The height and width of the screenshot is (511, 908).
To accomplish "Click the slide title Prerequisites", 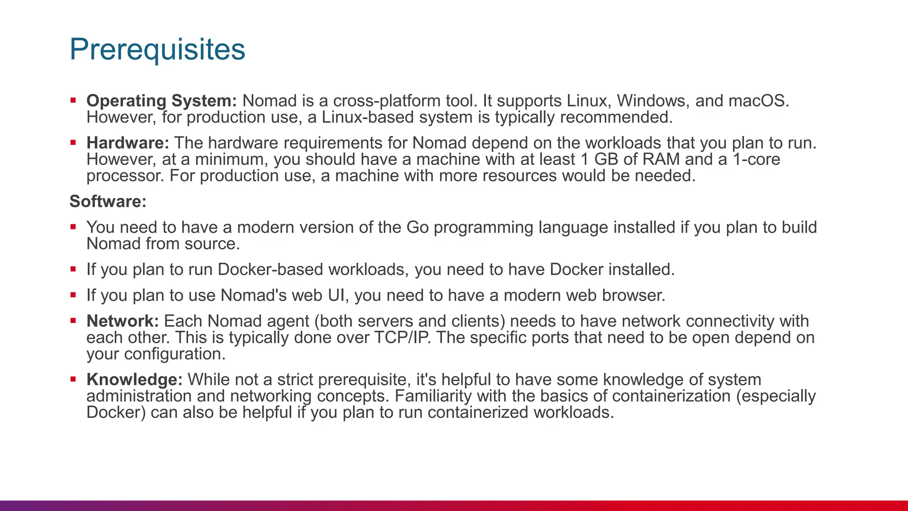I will click(157, 49).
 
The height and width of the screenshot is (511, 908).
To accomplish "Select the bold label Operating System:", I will click(162, 101).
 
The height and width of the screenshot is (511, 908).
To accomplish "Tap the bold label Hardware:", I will click(128, 143).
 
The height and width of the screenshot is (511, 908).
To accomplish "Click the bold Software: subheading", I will click(108, 201).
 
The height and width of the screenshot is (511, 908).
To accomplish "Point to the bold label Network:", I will click(122, 321).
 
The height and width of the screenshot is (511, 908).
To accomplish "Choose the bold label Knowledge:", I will click(134, 380).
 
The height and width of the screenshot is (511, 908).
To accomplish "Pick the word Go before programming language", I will click(417, 227).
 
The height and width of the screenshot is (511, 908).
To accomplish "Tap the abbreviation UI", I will click(336, 295).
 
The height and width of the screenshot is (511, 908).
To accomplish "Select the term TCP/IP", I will click(402, 338).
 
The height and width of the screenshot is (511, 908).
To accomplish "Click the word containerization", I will click(671, 396).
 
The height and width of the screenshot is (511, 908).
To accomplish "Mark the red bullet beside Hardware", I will click(73, 143).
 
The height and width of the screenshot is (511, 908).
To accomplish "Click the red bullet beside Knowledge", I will click(73, 380).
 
